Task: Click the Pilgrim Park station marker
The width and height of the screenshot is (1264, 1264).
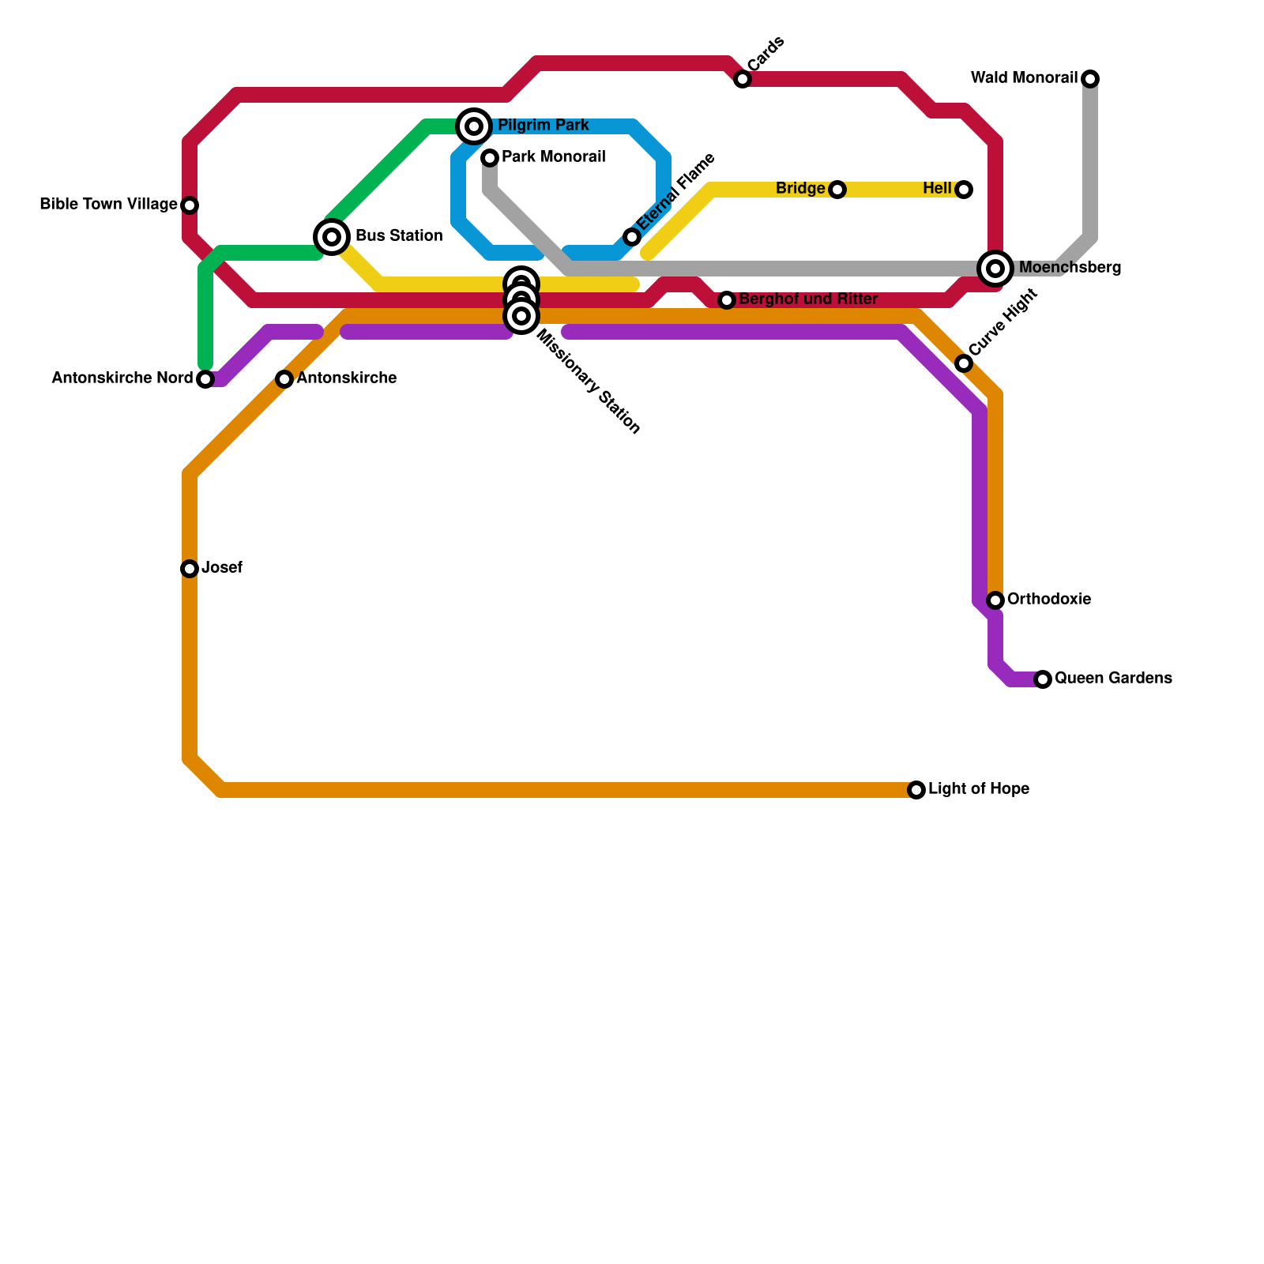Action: pyautogui.click(x=474, y=126)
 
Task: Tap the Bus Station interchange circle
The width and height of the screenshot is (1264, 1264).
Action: pyautogui.click(x=332, y=237)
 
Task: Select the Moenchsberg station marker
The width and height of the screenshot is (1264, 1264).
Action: pyautogui.click(x=995, y=269)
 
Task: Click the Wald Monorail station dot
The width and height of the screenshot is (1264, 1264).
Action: pyautogui.click(x=1090, y=79)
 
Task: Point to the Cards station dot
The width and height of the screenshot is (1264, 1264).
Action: pyautogui.click(x=743, y=79)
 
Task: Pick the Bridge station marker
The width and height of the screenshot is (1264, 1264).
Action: pyautogui.click(x=837, y=190)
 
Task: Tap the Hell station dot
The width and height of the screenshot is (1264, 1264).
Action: pyautogui.click(x=964, y=190)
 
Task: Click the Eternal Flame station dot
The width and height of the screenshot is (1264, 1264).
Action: pyautogui.click(x=632, y=237)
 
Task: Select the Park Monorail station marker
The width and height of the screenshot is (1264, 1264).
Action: pyautogui.click(x=490, y=158)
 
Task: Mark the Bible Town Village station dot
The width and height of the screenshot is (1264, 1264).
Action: pyautogui.click(x=190, y=205)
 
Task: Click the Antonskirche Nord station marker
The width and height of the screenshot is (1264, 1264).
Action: pyautogui.click(x=205, y=379)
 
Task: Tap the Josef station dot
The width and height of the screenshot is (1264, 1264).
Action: pyautogui.click(x=190, y=569)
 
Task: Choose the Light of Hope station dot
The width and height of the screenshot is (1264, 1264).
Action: pyautogui.click(x=916, y=790)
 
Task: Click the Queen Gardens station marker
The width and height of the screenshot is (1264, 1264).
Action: pyautogui.click(x=1043, y=679)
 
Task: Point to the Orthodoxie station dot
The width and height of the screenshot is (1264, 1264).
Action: pyautogui.click(x=995, y=600)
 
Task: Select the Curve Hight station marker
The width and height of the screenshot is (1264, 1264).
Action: pyautogui.click(x=964, y=363)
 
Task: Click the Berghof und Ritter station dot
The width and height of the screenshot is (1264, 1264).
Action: pyautogui.click(x=727, y=300)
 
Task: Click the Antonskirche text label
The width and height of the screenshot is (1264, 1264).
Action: pyautogui.click(x=346, y=378)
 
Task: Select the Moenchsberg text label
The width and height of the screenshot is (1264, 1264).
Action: pyautogui.click(x=1070, y=268)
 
